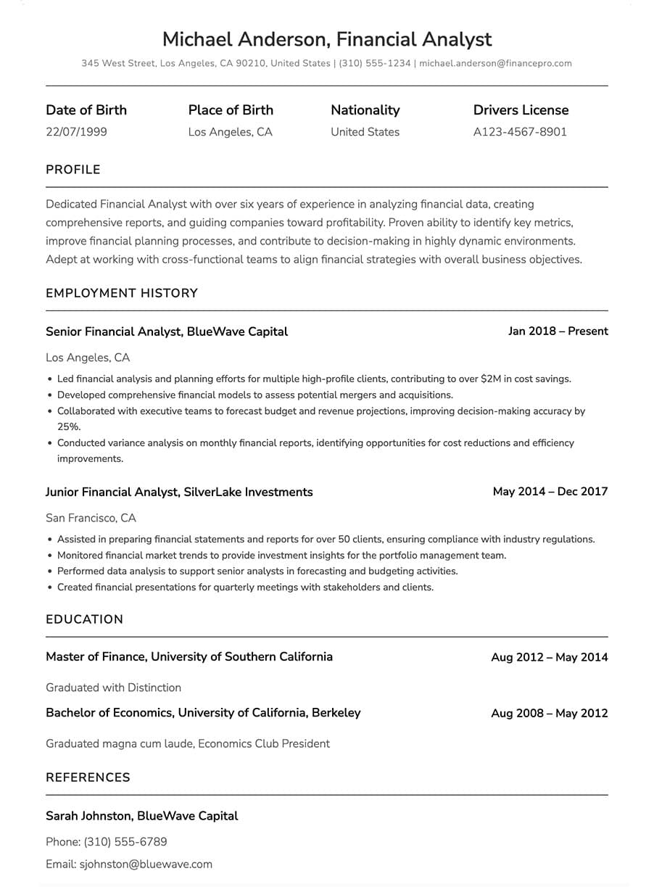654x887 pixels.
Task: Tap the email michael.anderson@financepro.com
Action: pos(495,64)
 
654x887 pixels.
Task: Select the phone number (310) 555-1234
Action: pos(374,64)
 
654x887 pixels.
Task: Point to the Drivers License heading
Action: pos(521,110)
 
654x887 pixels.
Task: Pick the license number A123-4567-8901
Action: pos(520,132)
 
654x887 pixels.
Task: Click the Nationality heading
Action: pos(365,110)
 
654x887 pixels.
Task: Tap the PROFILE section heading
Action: pos(73,170)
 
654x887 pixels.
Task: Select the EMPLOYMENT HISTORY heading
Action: pos(121,293)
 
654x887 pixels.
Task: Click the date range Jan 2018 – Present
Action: pos(558,331)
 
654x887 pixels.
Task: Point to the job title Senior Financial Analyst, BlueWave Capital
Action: pos(166,331)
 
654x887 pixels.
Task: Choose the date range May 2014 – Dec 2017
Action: pos(550,492)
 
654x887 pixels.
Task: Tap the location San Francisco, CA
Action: pos(91,518)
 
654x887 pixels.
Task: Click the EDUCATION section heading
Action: pos(84,619)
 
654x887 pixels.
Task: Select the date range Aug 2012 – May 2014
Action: pos(549,657)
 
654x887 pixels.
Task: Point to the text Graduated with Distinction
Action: pos(113,688)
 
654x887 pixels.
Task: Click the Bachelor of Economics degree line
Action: pos(203,713)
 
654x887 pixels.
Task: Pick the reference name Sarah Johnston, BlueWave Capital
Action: pos(141,816)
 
